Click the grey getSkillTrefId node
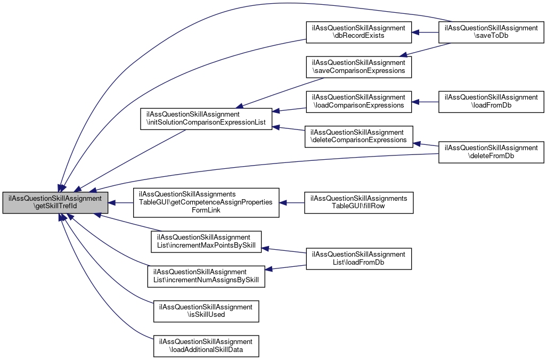[x=55, y=203]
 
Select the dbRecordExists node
[x=358, y=32]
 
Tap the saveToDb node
[x=491, y=32]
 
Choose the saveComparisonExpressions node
[x=358, y=67]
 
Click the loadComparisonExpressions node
[x=358, y=101]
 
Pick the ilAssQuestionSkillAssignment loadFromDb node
[x=491, y=101]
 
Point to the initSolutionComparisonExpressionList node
[x=206, y=119]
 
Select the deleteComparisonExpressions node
[x=358, y=136]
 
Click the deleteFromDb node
[x=491, y=152]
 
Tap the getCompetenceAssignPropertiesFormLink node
[x=206, y=202]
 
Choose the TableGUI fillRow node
[x=358, y=202]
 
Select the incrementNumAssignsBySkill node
[x=206, y=276]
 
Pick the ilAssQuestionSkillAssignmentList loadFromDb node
[x=358, y=258]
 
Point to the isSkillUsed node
[x=206, y=311]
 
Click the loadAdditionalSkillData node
[x=206, y=346]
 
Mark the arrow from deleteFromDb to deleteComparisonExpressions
[x=426, y=144]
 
